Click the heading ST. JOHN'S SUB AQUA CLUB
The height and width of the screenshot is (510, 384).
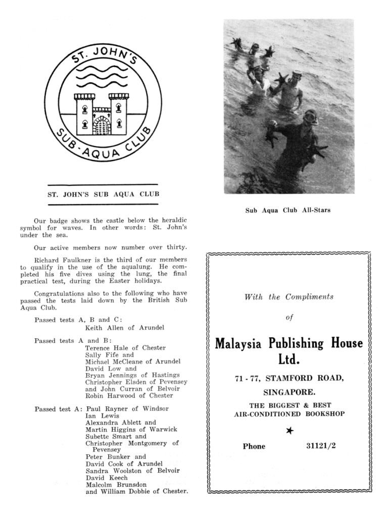[x=103, y=194]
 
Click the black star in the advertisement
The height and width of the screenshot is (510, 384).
[x=290, y=431]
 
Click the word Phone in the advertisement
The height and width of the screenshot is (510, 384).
[x=254, y=446]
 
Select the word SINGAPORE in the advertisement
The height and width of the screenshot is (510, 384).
[x=290, y=391]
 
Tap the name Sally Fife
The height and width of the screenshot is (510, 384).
[x=98, y=355]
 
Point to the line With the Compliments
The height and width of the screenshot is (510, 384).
[x=289, y=297]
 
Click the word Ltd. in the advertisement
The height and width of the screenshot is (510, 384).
[x=289, y=360]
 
